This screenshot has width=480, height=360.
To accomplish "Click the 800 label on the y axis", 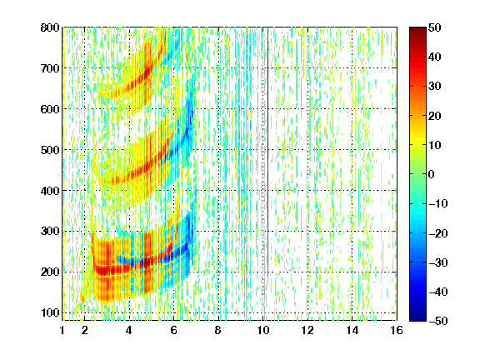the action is (x=50, y=27).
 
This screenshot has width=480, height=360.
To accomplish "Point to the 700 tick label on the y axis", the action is (x=50, y=68).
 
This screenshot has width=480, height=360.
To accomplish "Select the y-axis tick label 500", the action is (x=50, y=150).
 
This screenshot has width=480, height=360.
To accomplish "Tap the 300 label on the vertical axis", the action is (x=50, y=232).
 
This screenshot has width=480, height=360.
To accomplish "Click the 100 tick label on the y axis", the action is (x=50, y=312).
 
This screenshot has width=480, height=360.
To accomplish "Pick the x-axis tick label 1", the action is (x=62, y=330).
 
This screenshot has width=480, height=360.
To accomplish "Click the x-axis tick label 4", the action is (x=129, y=330).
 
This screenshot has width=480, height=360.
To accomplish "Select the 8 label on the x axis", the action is (x=218, y=330).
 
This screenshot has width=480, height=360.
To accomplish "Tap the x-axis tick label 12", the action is (x=307, y=330).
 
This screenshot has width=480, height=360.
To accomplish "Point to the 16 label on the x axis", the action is (x=397, y=330).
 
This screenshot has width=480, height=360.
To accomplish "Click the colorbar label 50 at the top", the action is (x=435, y=27).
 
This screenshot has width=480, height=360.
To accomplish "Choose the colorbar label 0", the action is (x=432, y=174).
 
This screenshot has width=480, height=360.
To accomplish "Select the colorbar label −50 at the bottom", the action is (x=438, y=321).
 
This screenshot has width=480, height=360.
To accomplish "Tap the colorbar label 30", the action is (x=435, y=87).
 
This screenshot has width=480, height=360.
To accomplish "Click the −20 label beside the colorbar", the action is (x=438, y=233).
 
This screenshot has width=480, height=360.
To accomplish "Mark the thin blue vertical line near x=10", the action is (x=267, y=153).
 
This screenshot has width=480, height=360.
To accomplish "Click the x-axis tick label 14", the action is (x=352, y=330).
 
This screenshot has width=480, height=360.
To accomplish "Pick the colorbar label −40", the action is (x=438, y=292).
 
